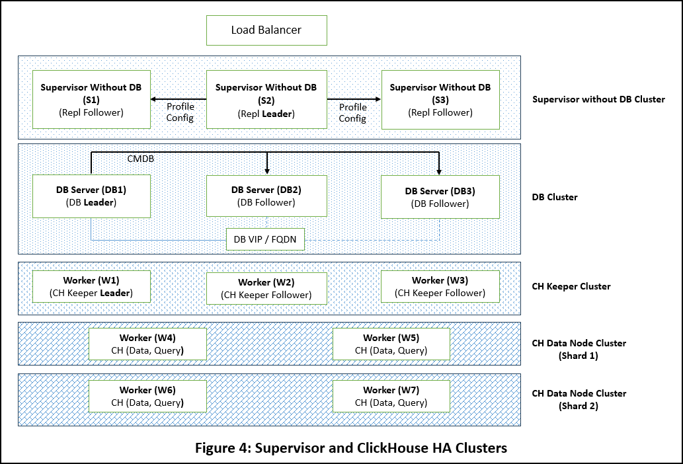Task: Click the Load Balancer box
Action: pyautogui.click(x=266, y=30)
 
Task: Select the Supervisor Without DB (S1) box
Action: pyautogui.click(x=91, y=100)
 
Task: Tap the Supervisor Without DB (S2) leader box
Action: pyautogui.click(x=266, y=100)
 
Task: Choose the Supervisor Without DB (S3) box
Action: pyautogui.click(x=440, y=100)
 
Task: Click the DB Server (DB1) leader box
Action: pyautogui.click(x=91, y=196)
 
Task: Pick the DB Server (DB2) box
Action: pyautogui.click(x=266, y=196)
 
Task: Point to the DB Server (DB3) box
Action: pyautogui.click(x=440, y=197)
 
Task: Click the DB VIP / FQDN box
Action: pyautogui.click(x=266, y=239)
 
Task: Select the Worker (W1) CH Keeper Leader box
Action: pyautogui.click(x=91, y=286)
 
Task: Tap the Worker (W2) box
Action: pyautogui.click(x=266, y=288)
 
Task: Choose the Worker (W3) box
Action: pyautogui.click(x=440, y=286)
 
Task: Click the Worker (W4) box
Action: pyautogui.click(x=147, y=344)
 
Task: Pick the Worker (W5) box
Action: pyautogui.click(x=391, y=344)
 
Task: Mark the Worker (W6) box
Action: pyautogui.click(x=147, y=396)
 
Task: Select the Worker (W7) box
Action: pyautogui.click(x=391, y=396)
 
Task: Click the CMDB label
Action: pyautogui.click(x=140, y=159)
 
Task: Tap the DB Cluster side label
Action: pyautogui.click(x=555, y=197)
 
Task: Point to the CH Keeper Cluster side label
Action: pyautogui.click(x=571, y=286)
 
